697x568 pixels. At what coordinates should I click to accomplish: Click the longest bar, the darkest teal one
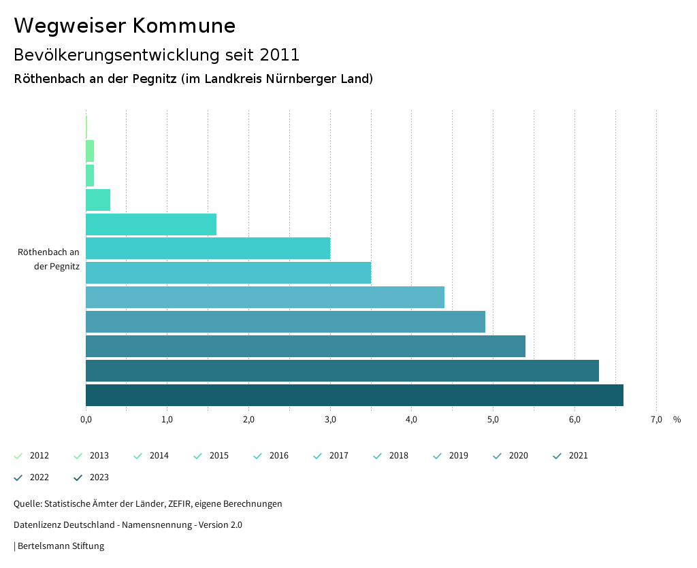(354, 395)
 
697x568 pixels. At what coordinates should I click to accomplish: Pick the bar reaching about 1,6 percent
(151, 224)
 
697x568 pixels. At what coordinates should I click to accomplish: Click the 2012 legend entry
(31, 456)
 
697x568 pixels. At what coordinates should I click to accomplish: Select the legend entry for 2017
(331, 456)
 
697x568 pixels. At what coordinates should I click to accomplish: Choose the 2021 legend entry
(570, 456)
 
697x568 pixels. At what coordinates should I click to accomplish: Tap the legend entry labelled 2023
(91, 478)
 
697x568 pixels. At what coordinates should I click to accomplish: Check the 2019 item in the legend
(451, 456)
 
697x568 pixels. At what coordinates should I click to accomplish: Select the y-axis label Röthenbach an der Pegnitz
(49, 259)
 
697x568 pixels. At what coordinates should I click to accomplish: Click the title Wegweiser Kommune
(125, 26)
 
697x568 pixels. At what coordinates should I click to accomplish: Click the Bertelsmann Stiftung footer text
(60, 546)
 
